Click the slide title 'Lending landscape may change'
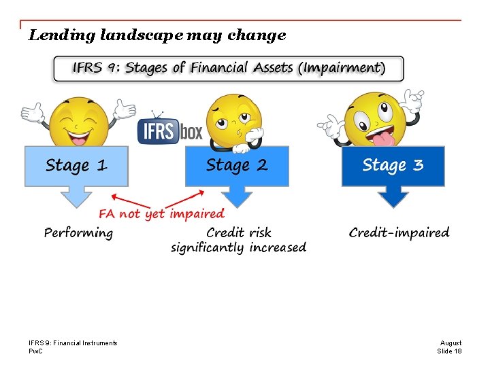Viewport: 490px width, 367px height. [157, 35]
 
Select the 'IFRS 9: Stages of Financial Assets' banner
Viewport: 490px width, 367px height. [229, 69]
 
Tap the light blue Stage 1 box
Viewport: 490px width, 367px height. [76, 166]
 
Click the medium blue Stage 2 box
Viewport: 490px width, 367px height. [237, 166]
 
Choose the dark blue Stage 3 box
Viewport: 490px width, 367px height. [393, 166]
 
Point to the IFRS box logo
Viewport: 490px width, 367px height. [170, 130]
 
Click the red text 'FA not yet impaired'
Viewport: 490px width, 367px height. [161, 214]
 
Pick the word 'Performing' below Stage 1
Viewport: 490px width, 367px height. [78, 233]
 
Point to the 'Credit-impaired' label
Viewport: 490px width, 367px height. [399, 233]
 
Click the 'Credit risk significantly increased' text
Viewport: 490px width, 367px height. [238, 241]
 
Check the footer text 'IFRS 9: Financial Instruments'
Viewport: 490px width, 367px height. [73, 343]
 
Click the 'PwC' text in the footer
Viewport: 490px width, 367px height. [35, 351]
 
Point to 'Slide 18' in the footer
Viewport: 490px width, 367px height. [448, 351]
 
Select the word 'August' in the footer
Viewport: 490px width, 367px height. [451, 343]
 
